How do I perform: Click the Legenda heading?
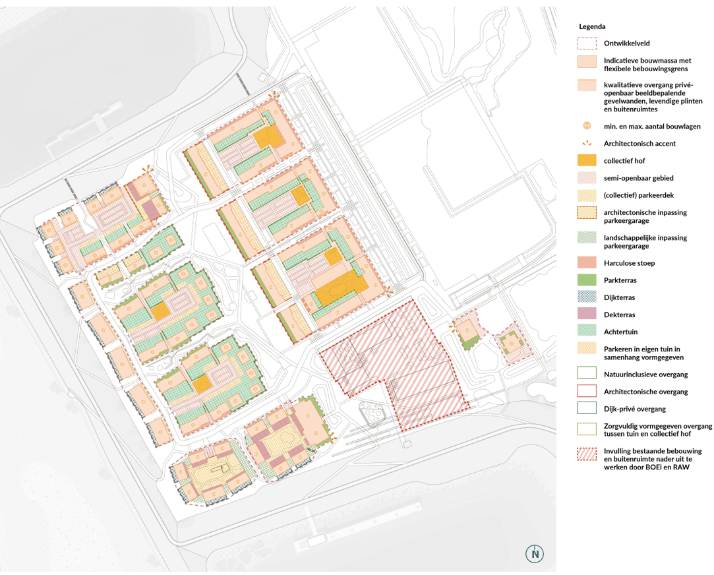[x=592, y=26]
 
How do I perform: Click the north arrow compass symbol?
[x=535, y=554]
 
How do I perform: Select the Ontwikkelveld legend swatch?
[x=587, y=44]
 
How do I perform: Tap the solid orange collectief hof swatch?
[x=587, y=160]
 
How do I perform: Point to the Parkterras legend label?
[x=620, y=280]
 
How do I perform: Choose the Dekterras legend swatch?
[x=587, y=314]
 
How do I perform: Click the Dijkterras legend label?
[x=619, y=298]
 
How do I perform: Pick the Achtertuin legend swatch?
[x=587, y=331]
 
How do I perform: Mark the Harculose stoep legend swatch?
[x=587, y=262]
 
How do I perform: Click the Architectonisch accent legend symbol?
[x=587, y=143]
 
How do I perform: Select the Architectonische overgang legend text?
[x=645, y=392]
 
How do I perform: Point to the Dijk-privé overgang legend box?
[x=587, y=408]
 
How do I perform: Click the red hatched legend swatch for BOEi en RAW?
[x=587, y=454]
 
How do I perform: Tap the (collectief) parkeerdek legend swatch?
[x=587, y=195]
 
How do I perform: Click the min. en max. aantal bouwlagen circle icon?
[x=587, y=126]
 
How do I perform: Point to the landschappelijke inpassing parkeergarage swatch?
[x=587, y=237]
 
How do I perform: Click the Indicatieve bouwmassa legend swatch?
[x=587, y=62]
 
